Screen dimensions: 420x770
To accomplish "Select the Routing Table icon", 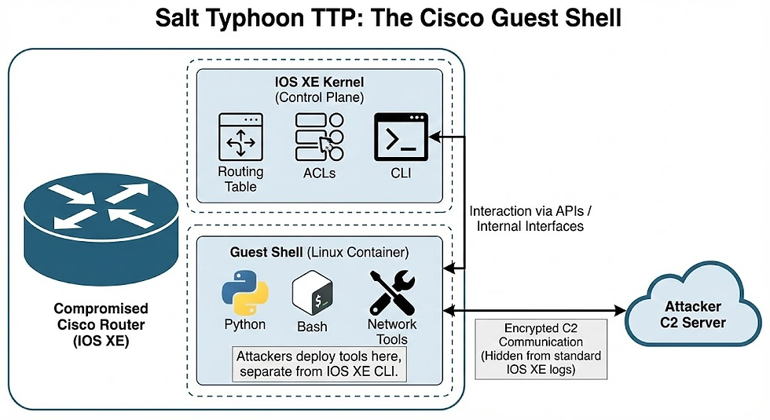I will tap(240, 138).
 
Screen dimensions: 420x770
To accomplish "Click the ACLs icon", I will tap(320, 138).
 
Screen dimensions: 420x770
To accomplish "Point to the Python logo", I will tap(244, 293).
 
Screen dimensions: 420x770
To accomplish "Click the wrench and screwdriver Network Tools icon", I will tap(393, 293).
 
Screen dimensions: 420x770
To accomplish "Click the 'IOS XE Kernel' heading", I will tap(319, 82).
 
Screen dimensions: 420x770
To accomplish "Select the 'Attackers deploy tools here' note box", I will tap(319, 363).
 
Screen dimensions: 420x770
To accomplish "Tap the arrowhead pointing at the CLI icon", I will tap(434, 137).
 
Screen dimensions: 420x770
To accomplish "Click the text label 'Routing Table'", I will tap(240, 178).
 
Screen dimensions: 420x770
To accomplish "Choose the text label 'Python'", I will tap(244, 324).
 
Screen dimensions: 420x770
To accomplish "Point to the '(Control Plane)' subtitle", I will tap(319, 97).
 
